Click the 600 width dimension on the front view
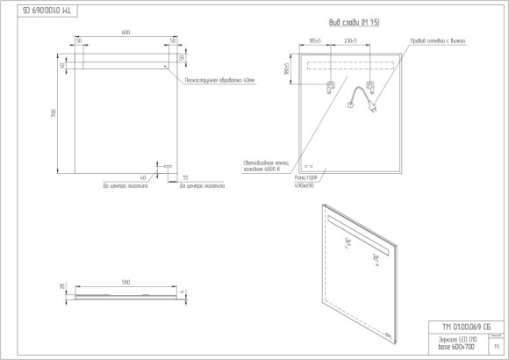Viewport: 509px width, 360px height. coord(125,32)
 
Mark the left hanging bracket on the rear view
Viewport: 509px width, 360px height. coord(332,87)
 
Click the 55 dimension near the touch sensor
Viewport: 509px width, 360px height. coord(184,178)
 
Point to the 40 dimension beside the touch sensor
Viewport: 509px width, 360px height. coord(142,178)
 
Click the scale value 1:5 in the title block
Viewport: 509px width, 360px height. coord(498,347)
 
